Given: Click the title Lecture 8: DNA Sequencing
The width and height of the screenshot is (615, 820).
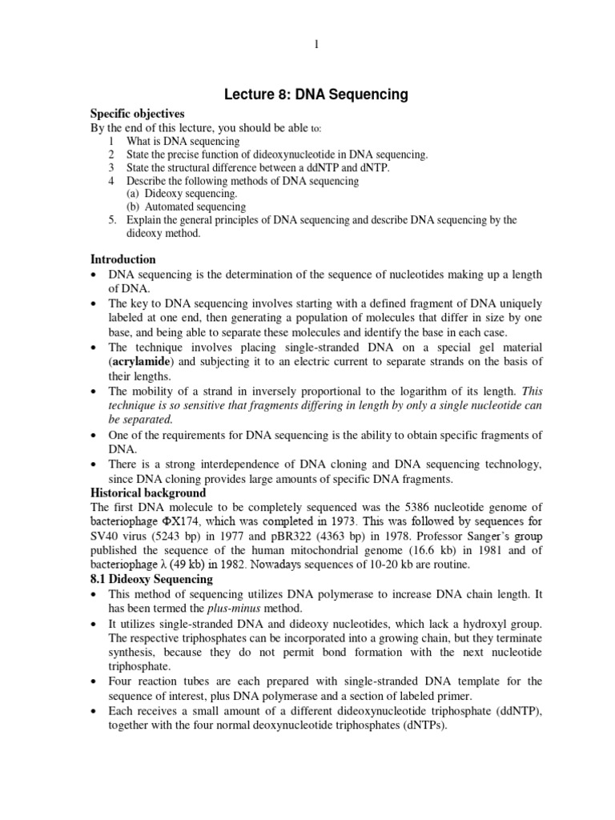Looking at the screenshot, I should (x=316, y=95).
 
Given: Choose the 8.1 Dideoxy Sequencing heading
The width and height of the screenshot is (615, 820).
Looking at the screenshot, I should (x=151, y=579).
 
